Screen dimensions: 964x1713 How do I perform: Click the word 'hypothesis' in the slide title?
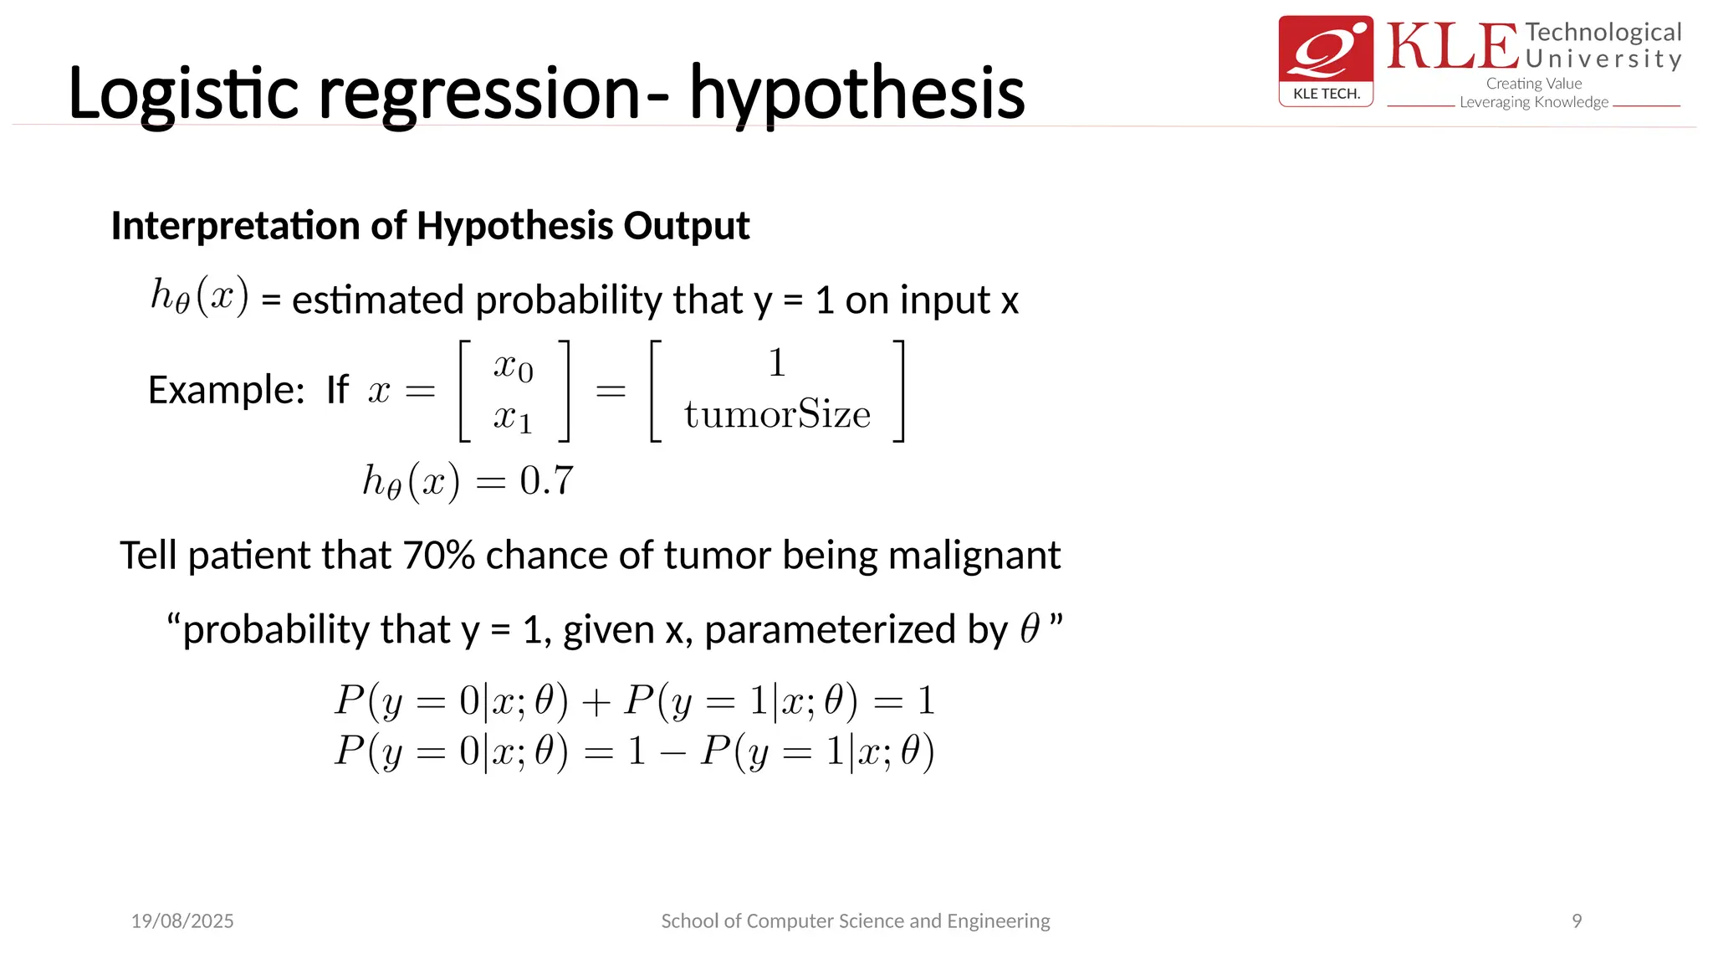coord(856,94)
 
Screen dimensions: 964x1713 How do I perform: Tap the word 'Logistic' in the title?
coord(182,94)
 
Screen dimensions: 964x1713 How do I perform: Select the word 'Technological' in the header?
coord(1603,33)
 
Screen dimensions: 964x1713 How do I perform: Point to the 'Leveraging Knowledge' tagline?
coord(1533,102)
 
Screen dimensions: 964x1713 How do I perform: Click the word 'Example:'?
coord(227,390)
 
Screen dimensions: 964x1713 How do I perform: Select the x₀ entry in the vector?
coord(513,366)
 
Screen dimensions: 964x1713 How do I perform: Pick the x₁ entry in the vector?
coord(513,417)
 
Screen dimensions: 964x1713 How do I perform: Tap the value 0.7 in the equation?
coord(546,481)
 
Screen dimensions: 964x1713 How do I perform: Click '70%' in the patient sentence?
coord(439,556)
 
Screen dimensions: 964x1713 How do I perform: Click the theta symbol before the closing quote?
coord(1030,629)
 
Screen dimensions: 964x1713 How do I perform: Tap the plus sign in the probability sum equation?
coord(596,702)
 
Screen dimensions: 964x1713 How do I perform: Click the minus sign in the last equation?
coord(672,752)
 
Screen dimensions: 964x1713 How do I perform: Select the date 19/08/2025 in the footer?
coord(182,921)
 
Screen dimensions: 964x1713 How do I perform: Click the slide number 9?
coord(1576,921)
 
